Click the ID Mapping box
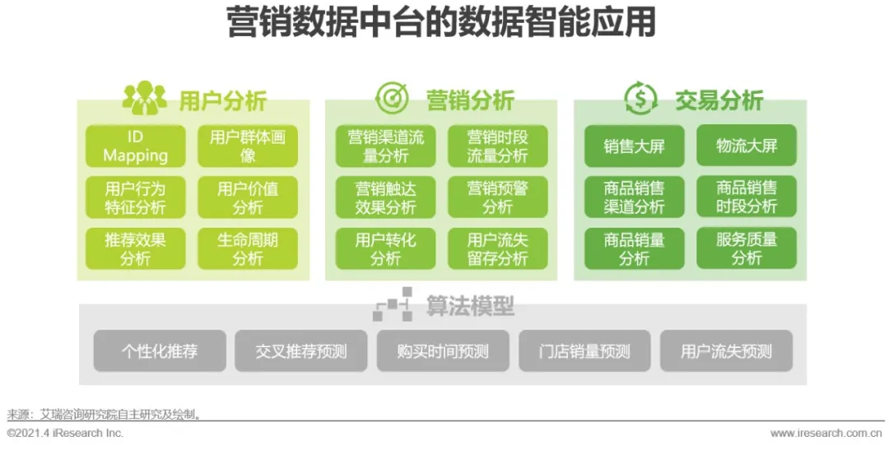[135, 146]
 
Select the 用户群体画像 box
[248, 146]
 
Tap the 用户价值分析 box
[248, 197]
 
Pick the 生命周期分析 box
[248, 248]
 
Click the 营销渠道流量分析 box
[385, 146]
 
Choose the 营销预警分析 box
[497, 197]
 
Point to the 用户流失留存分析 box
[497, 248]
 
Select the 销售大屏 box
[634, 146]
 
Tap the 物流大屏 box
[747, 146]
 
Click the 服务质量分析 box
[747, 248]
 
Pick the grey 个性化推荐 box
[160, 351]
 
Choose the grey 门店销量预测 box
[584, 351]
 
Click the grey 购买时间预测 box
[443, 351]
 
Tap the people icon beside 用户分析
[144, 99]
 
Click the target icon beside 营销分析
[392, 99]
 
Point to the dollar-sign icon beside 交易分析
[640, 99]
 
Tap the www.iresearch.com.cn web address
[826, 433]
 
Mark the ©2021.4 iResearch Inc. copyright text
[65, 433]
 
